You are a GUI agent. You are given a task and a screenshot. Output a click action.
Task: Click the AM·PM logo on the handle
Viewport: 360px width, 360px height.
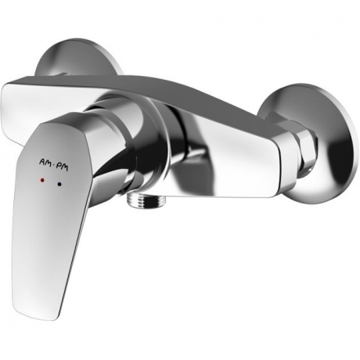53,165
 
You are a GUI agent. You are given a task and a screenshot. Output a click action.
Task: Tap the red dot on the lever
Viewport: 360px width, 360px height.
43,180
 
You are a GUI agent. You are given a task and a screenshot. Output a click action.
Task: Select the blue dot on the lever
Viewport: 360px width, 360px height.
60,184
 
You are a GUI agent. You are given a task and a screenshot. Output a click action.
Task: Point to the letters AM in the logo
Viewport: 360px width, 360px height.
44,163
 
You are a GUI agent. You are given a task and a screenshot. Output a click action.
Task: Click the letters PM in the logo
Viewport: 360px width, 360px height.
63,167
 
